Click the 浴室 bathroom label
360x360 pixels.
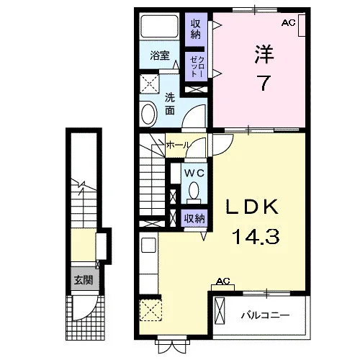[160, 55]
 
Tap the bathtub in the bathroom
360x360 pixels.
[159, 26]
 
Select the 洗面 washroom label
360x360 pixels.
[170, 104]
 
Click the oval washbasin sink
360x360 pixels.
[149, 114]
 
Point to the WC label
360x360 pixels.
[194, 173]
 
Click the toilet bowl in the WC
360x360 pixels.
[194, 191]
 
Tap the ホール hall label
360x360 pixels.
[179, 145]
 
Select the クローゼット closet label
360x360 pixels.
[197, 66]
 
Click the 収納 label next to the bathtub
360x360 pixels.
[196, 29]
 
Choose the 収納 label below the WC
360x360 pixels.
[194, 218]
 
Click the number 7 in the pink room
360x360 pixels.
[264, 83]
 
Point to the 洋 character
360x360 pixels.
[264, 54]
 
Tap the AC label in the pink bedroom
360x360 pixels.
[289, 22]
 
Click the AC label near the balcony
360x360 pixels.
[223, 281]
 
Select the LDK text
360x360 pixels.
[252, 207]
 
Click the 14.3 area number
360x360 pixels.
[256, 237]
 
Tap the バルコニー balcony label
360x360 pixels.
[265, 315]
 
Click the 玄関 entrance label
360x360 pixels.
[84, 280]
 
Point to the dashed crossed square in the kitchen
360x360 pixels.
[150, 310]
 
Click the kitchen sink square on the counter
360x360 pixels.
[149, 245]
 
